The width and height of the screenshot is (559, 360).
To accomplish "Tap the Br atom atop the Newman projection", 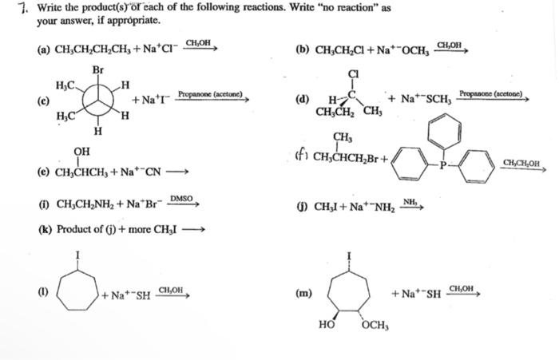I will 98,69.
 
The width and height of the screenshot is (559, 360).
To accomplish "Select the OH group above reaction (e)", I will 81,151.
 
